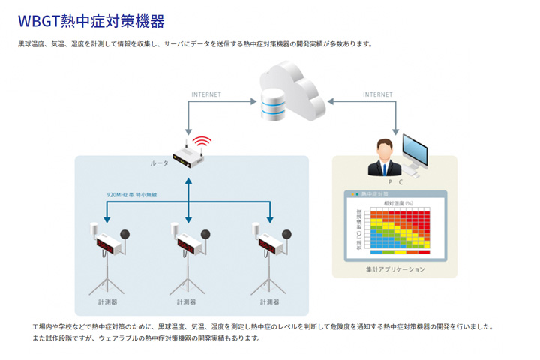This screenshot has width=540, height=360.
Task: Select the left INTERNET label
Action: coord(207,94)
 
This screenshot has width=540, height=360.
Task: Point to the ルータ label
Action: coord(160,163)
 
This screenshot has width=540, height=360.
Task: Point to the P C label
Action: coord(395,182)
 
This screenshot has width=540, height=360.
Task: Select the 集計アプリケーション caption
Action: coord(394,269)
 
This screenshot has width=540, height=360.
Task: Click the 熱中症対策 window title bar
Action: coord(394,194)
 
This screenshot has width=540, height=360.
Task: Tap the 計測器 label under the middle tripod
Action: coord(185,302)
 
